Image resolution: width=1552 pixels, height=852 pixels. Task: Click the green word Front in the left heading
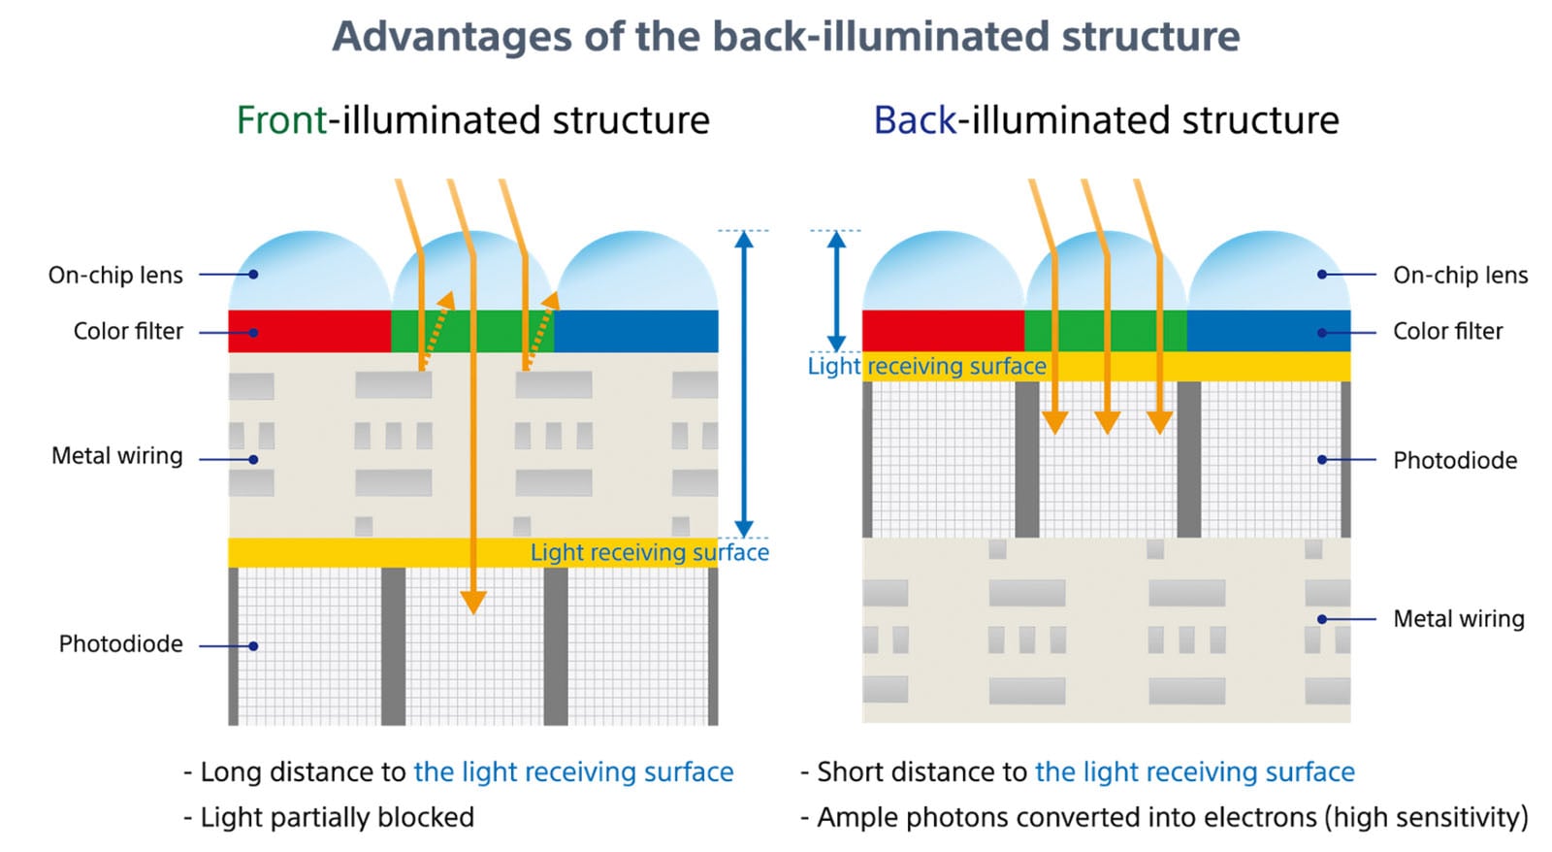click(281, 120)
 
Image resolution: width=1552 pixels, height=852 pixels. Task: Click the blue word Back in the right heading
click(914, 120)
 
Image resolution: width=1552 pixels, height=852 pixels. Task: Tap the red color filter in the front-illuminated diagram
click(308, 331)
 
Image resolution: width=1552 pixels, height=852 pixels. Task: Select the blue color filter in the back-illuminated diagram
click(1268, 331)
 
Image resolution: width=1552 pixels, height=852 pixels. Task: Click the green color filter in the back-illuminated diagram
click(1105, 331)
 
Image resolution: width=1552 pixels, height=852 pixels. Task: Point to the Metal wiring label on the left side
click(116, 456)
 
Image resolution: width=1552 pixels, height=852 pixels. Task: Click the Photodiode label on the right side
click(1454, 460)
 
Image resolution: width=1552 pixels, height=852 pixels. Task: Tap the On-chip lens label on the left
click(115, 276)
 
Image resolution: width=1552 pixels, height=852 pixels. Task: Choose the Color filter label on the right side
click(1447, 332)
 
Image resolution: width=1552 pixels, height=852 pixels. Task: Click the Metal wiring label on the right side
click(1458, 619)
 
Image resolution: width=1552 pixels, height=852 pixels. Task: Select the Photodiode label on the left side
click(120, 644)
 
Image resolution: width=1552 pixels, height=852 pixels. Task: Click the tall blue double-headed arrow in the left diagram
click(744, 383)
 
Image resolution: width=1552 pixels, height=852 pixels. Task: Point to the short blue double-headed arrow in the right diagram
click(836, 291)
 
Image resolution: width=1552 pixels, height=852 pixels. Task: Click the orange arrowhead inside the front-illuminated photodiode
click(472, 602)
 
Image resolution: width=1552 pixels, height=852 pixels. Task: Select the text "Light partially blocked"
click(337, 818)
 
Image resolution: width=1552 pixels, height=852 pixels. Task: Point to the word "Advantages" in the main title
click(452, 37)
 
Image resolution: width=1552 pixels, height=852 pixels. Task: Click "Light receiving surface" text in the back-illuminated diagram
click(926, 366)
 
